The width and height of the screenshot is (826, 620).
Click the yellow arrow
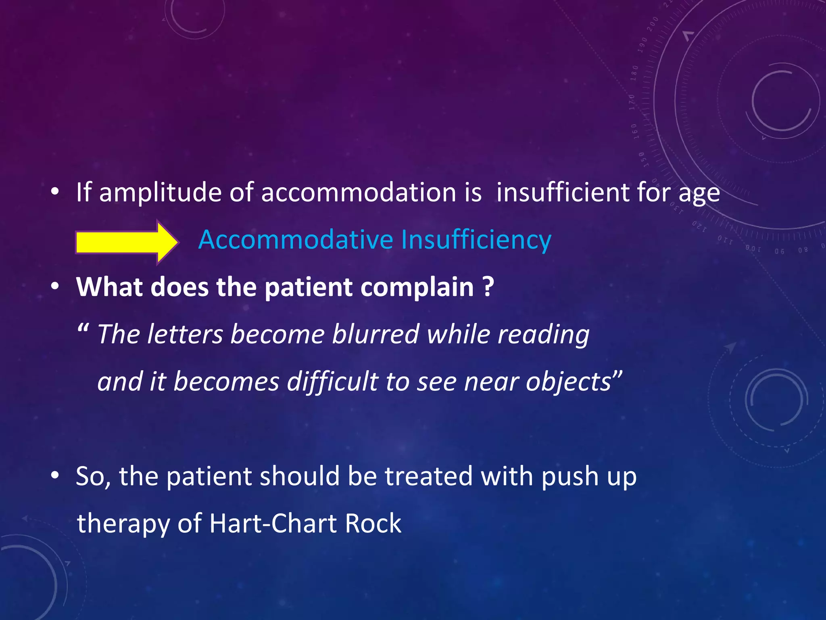[126, 242]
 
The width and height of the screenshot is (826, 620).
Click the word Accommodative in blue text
[296, 240]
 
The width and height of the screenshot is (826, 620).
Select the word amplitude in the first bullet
[160, 193]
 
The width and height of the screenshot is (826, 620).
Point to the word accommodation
[359, 193]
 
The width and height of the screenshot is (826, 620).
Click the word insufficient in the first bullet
[563, 193]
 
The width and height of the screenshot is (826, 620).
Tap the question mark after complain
[488, 287]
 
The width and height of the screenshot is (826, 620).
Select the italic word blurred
[376, 334]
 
